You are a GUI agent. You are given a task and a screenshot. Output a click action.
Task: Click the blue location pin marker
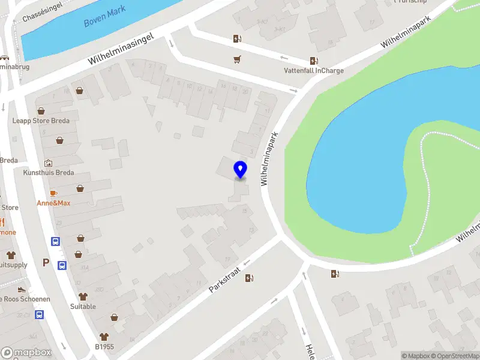pos(240,170)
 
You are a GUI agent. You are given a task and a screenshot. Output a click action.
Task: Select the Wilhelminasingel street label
pos(121,49)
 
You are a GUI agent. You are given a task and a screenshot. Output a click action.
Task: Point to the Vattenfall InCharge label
pos(314,70)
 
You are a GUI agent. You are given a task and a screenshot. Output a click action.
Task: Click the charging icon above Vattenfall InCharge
pos(314,61)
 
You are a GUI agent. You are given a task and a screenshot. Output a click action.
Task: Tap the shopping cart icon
pos(237,59)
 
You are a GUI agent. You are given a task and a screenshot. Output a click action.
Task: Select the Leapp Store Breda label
pos(41,121)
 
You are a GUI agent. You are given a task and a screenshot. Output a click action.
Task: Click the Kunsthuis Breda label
pos(49,173)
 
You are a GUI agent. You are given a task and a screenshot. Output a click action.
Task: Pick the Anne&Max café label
pos(53,203)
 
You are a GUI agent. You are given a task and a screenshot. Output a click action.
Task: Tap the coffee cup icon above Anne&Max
pos(53,193)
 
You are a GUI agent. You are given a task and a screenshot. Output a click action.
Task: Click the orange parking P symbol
pos(46,263)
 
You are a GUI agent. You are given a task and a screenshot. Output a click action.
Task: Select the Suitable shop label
pos(83,306)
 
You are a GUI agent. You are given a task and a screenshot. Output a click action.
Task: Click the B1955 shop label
pos(104,346)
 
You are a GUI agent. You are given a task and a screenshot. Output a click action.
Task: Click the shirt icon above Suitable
pos(83,296)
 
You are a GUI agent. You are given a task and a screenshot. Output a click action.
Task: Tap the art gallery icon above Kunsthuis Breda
pos(48,163)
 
